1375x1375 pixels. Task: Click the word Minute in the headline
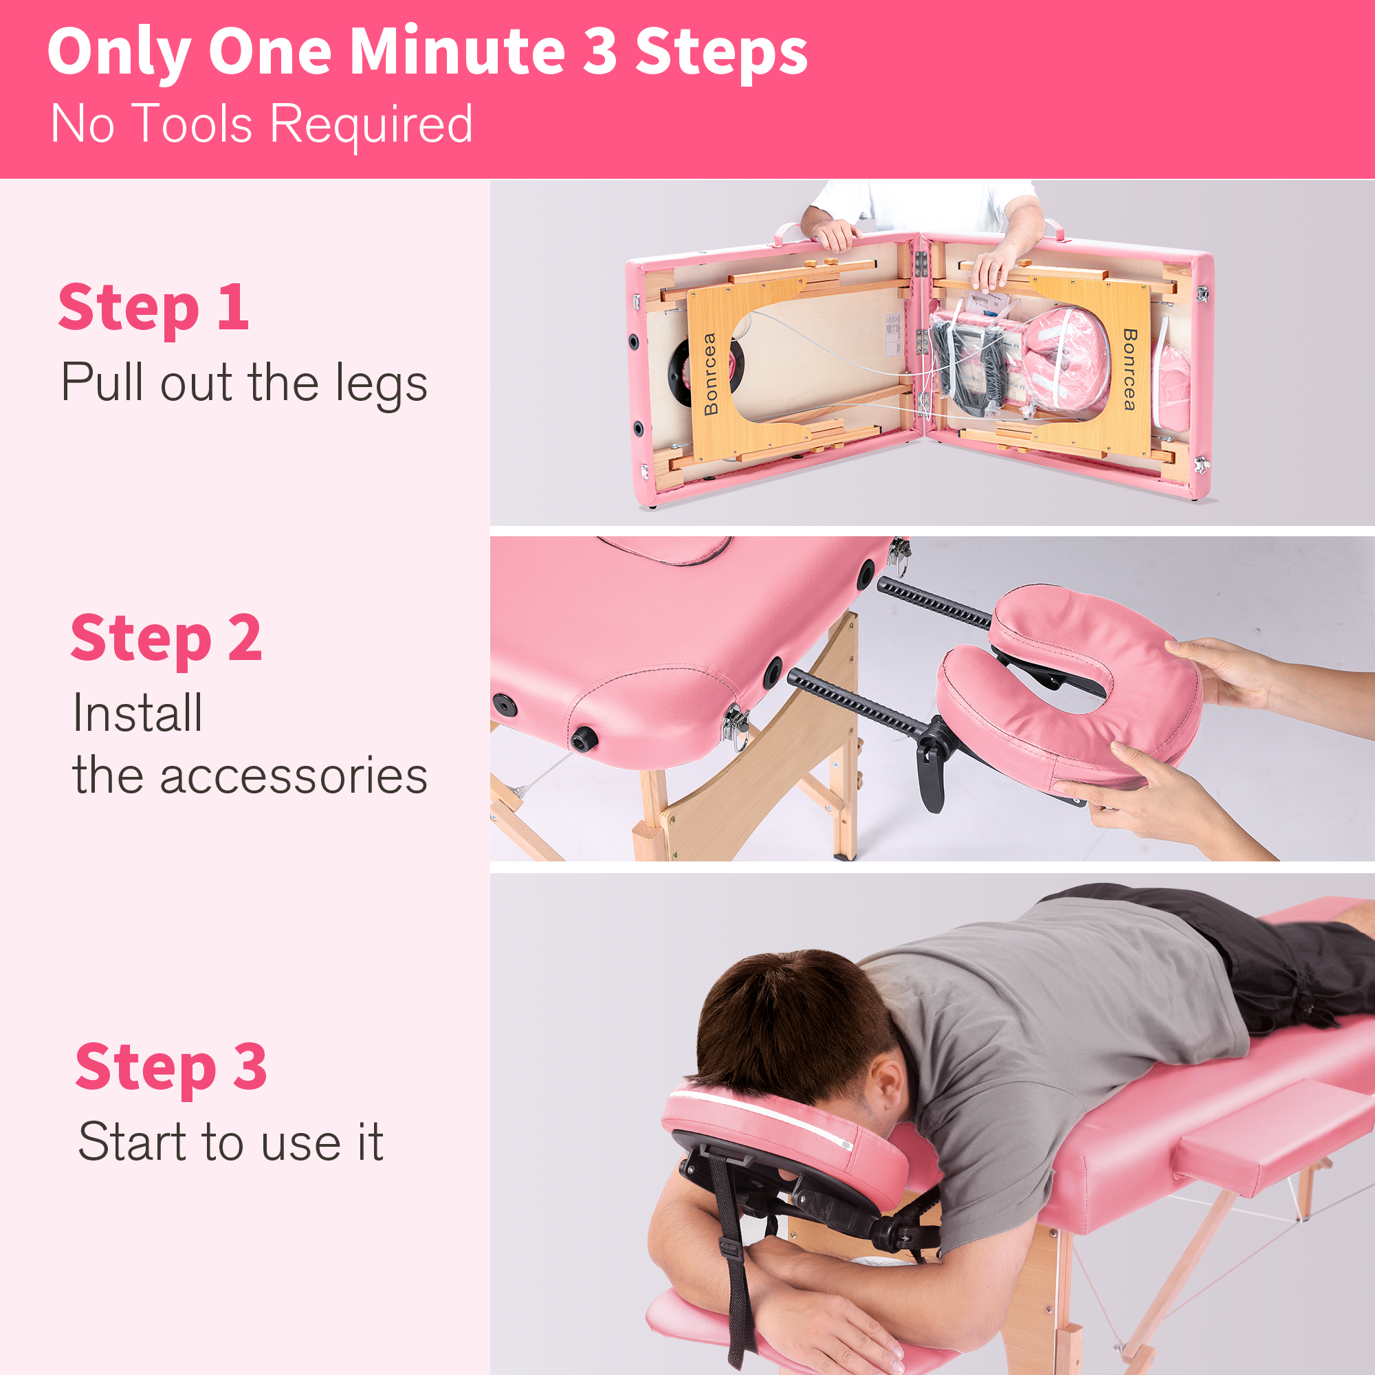(457, 52)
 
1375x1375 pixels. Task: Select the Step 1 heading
(154, 307)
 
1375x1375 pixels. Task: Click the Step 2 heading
(166, 639)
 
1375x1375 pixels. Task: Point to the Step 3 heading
(170, 1068)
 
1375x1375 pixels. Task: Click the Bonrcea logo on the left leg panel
(710, 373)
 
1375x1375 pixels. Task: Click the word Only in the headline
(118, 52)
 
